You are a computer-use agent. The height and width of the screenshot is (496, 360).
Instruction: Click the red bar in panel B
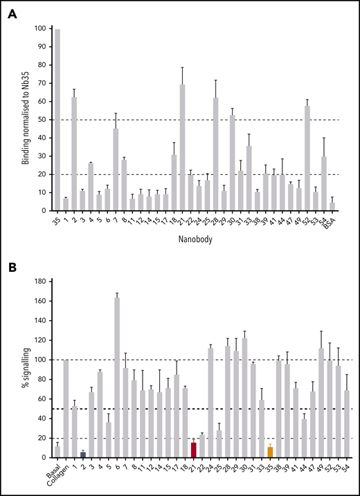click(x=174, y=450)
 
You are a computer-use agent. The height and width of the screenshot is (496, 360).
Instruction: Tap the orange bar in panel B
click(x=270, y=452)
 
